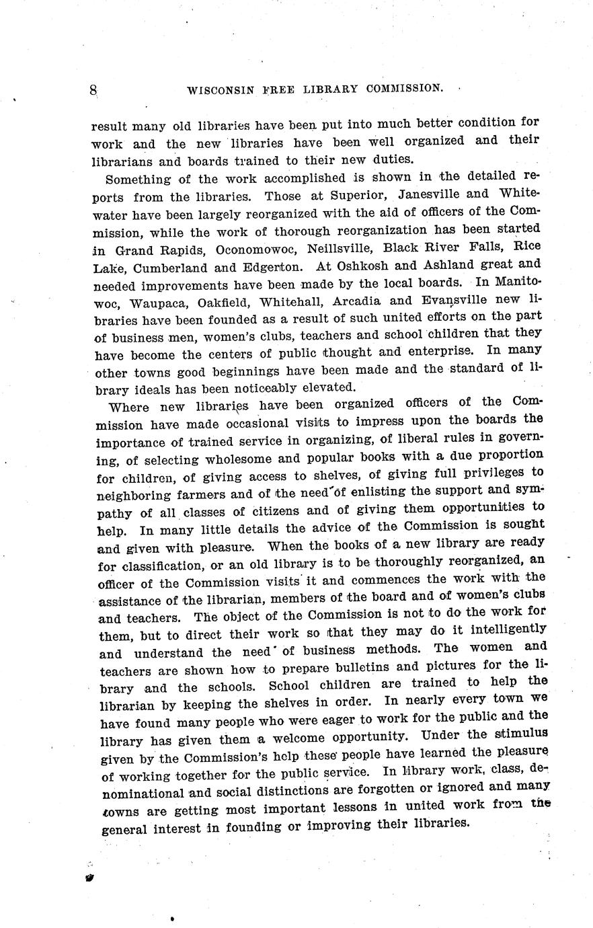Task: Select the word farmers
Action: pos(189,496)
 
